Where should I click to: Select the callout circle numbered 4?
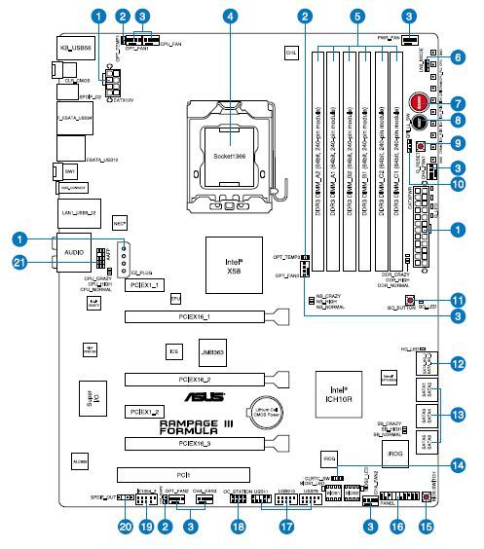tap(229, 16)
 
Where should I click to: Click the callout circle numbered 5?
tap(358, 16)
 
